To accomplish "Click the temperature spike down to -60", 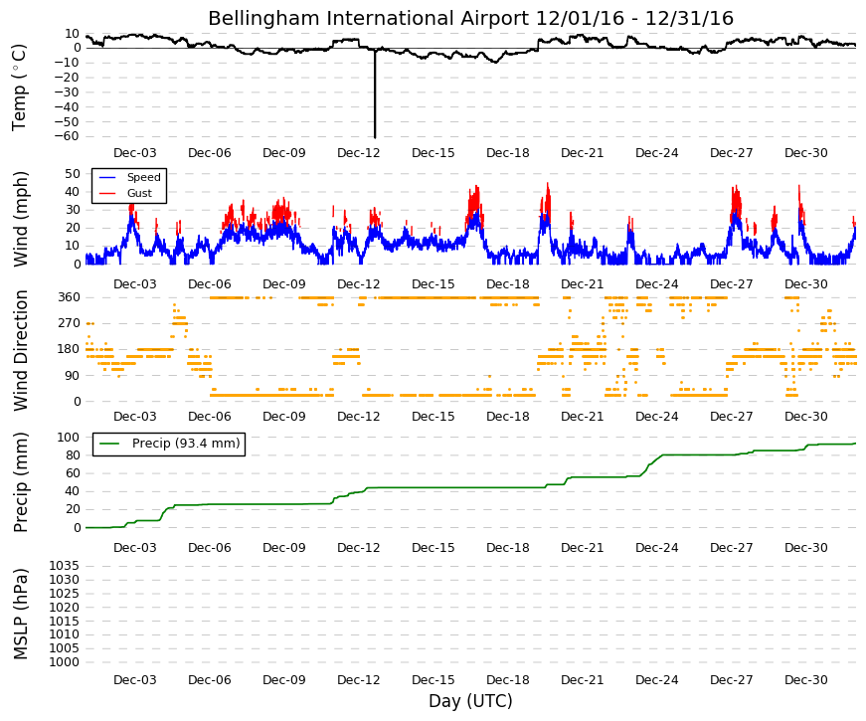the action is (x=375, y=93).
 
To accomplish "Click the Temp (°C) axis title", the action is (x=19, y=88).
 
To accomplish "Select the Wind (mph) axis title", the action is (x=20, y=219).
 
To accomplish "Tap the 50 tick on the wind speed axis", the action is (x=73, y=173).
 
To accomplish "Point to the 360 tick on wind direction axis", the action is (x=69, y=297).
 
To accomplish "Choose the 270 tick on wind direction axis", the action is (x=69, y=323).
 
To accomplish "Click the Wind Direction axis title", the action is (x=20, y=350).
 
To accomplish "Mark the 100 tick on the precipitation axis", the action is (x=69, y=437).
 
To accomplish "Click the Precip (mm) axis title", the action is (x=20, y=482).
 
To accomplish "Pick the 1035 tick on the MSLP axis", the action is (x=65, y=566).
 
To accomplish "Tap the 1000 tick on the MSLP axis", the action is (x=65, y=662).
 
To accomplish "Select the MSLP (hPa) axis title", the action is (x=20, y=614).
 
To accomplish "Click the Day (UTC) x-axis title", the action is (x=470, y=701).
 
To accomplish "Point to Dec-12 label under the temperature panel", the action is (x=359, y=153).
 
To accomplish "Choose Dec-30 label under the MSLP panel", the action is (x=805, y=680).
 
